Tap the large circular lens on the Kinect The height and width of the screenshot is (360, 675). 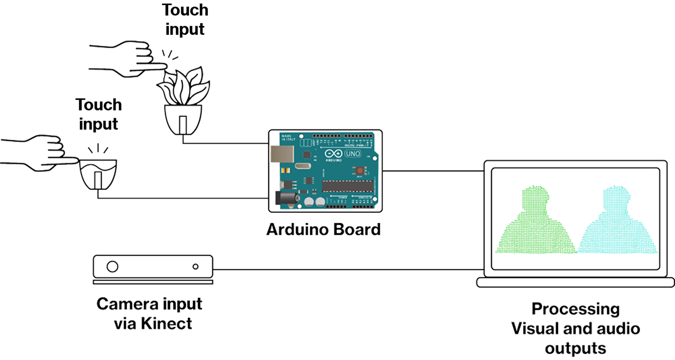(112, 266)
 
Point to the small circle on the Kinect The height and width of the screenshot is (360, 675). (195, 266)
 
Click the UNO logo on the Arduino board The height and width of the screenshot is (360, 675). (353, 154)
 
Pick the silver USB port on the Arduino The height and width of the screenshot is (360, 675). (282, 154)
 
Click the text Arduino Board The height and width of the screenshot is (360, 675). (323, 230)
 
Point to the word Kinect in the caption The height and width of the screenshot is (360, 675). (166, 324)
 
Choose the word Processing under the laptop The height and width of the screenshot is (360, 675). (575, 309)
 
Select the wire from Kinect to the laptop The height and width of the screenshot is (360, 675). (348, 269)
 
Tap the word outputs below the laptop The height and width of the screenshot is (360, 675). (575, 348)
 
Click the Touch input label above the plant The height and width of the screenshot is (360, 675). (185, 20)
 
